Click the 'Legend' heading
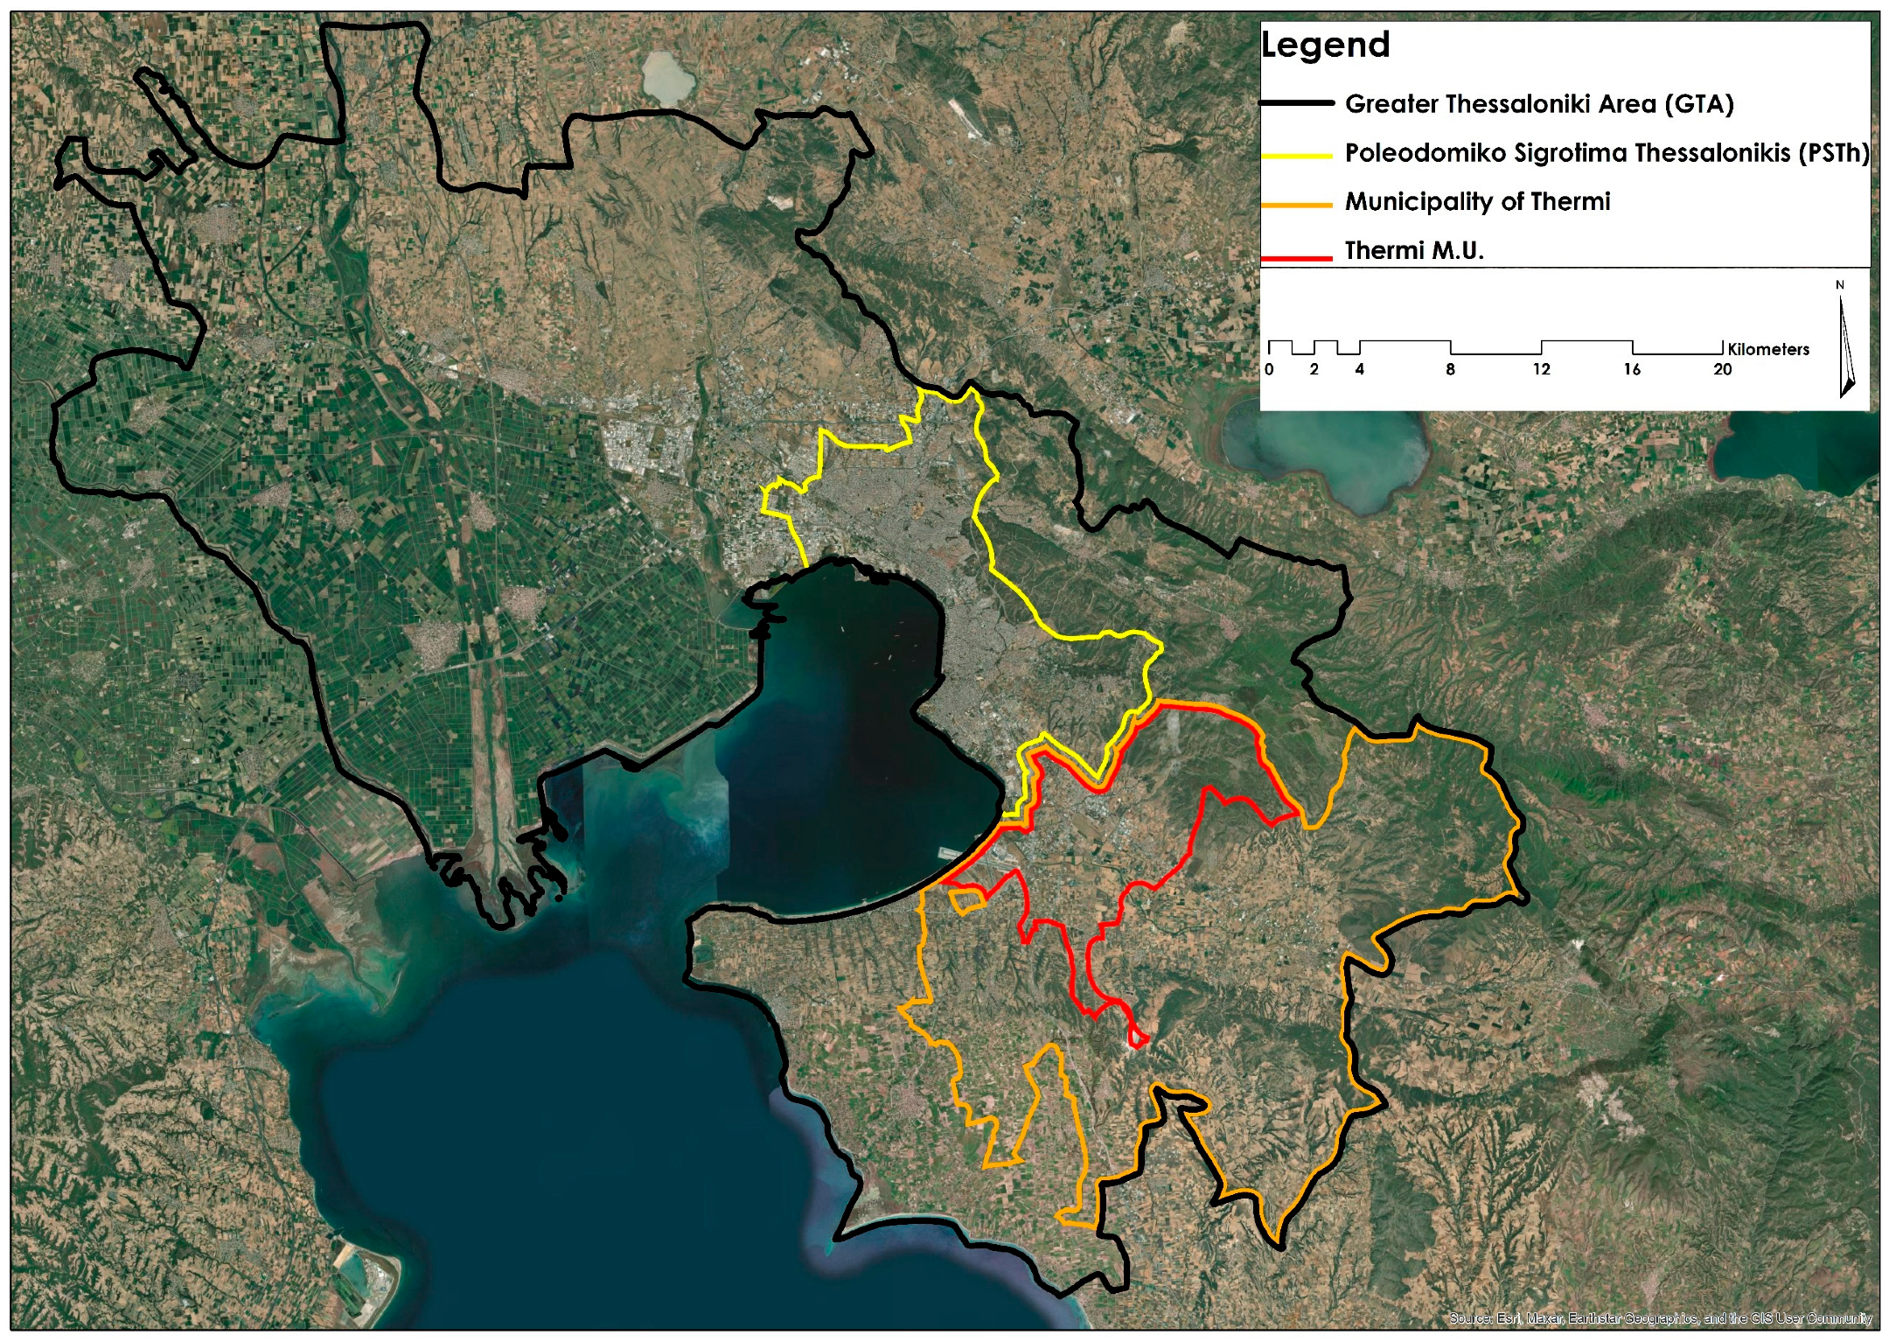point(1325,45)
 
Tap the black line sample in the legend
point(1296,103)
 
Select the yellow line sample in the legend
point(1296,156)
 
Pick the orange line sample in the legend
point(1296,205)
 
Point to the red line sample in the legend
point(1296,257)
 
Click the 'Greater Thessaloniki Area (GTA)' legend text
point(1538,104)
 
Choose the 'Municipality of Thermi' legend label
point(1477,202)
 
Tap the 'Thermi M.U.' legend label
point(1414,251)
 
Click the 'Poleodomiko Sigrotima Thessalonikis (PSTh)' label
point(1607,153)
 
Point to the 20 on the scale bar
point(1722,369)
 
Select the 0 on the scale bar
point(1269,369)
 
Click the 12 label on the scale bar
point(1541,369)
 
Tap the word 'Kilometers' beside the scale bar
point(1768,349)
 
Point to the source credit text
point(1660,1318)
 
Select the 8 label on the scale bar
point(1450,369)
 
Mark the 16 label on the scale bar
point(1632,369)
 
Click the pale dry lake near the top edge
point(668,75)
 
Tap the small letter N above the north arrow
point(1840,285)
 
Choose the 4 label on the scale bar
point(1359,369)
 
